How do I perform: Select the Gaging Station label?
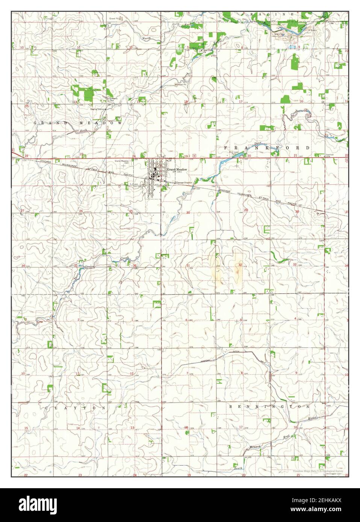[x=97, y=109]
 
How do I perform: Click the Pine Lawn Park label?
[x=234, y=153]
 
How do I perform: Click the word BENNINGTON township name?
[x=269, y=407]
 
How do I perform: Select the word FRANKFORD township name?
[x=267, y=148]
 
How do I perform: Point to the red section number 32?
[x=240, y=265]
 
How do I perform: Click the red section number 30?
[x=188, y=213]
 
